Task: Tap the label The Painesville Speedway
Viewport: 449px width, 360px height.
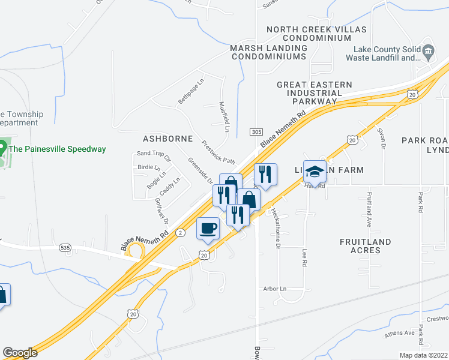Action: click(x=58, y=149)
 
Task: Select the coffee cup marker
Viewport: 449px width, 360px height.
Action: click(x=208, y=228)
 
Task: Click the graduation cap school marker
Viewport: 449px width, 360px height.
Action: click(x=315, y=172)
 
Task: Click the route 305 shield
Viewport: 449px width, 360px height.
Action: click(x=257, y=131)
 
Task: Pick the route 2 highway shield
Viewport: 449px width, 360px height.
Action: click(x=179, y=232)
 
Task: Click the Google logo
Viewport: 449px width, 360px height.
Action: click(x=20, y=353)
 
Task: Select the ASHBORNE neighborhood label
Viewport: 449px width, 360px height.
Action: click(x=167, y=139)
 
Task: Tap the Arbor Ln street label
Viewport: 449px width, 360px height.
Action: click(x=276, y=289)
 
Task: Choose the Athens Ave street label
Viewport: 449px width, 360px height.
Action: click(x=400, y=332)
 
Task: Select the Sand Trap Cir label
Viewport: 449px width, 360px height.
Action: click(x=154, y=157)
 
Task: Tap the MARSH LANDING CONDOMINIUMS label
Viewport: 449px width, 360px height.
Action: click(x=268, y=52)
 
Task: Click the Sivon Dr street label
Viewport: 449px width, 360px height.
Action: click(x=380, y=136)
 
